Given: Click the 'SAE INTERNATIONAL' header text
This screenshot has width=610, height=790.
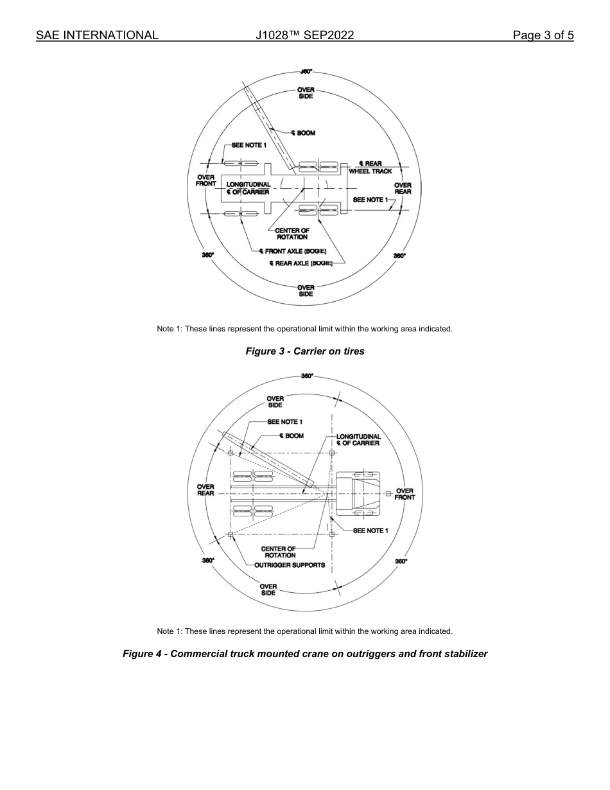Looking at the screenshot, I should (x=97, y=35).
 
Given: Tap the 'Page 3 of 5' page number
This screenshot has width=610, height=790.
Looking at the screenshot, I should (x=543, y=35).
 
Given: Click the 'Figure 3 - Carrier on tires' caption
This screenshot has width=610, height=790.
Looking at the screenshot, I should (x=305, y=351).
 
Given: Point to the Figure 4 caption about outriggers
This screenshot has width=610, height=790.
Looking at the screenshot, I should (x=305, y=654).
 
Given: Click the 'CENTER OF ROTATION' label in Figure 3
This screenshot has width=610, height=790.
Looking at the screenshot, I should (x=292, y=234).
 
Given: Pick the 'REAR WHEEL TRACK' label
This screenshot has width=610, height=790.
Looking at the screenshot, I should (x=370, y=168).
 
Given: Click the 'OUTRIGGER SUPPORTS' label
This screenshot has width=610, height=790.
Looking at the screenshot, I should (x=290, y=566).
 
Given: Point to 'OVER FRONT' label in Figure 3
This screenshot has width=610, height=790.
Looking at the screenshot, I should (x=205, y=180).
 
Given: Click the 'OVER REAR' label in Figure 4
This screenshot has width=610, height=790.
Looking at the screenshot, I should (x=205, y=490).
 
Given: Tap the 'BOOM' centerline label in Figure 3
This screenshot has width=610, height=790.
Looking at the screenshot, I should (x=303, y=134).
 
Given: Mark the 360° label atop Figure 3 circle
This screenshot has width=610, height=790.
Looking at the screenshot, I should (x=306, y=72).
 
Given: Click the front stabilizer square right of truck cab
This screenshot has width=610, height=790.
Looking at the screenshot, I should (x=388, y=493).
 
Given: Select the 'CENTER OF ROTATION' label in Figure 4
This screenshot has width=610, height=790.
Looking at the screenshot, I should (x=278, y=552).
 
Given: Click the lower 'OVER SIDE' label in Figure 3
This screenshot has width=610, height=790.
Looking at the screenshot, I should (x=306, y=291).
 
